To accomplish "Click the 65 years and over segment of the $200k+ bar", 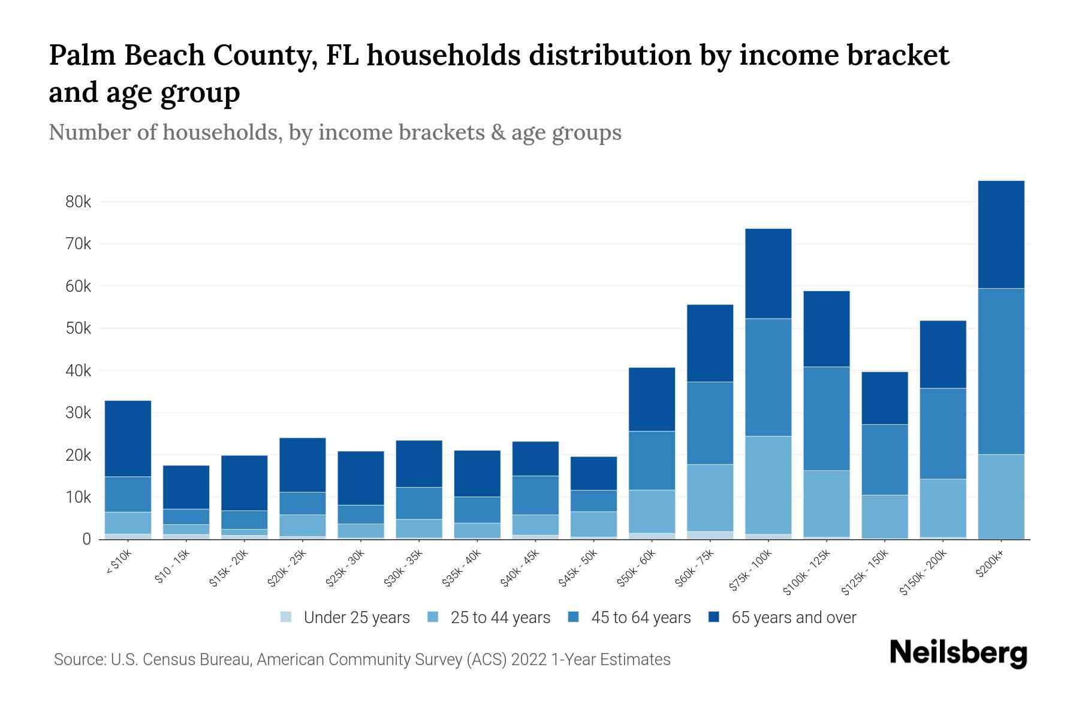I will pyautogui.click(x=1000, y=234).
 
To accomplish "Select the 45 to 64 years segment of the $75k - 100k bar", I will pyautogui.click(x=768, y=377).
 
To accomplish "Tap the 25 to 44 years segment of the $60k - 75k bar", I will pyautogui.click(x=710, y=497).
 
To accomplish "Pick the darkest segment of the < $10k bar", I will pyautogui.click(x=128, y=438).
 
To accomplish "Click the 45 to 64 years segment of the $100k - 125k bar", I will pyautogui.click(x=826, y=418).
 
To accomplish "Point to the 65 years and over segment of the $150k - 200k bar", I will pyautogui.click(x=942, y=354).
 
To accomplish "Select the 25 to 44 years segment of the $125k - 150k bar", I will pyautogui.click(x=884, y=516).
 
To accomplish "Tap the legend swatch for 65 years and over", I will pyautogui.click(x=714, y=617).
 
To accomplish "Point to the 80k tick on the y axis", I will pyautogui.click(x=78, y=202).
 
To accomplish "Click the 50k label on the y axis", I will pyautogui.click(x=78, y=328).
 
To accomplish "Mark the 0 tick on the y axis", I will pyautogui.click(x=87, y=539).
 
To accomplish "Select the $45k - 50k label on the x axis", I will pyautogui.click(x=578, y=567).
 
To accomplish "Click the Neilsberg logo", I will pyautogui.click(x=958, y=653).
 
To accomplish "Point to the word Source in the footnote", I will pyautogui.click(x=79, y=660).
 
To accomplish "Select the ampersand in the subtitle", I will pyautogui.click(x=497, y=132).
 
